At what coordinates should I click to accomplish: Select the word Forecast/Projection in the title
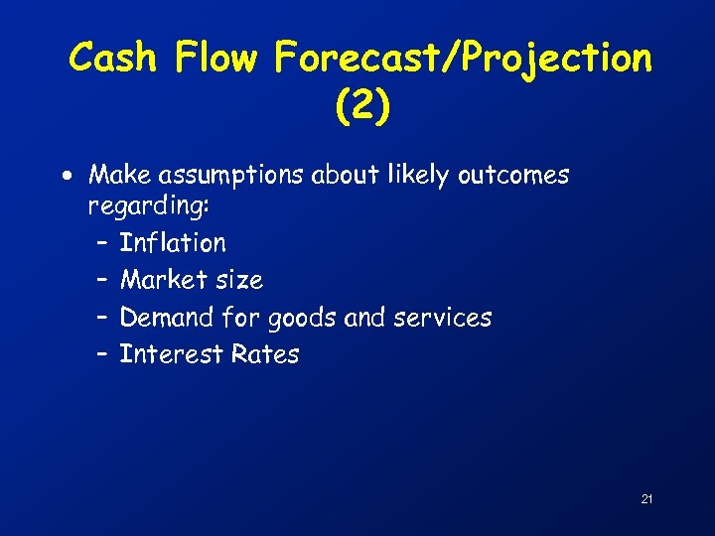click(464, 60)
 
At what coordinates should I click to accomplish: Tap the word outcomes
click(513, 176)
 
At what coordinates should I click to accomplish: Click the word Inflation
click(173, 242)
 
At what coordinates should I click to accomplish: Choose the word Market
click(162, 280)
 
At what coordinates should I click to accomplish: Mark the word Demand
click(166, 318)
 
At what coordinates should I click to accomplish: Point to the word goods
click(296, 319)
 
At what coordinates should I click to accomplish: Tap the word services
click(443, 318)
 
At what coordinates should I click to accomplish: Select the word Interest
click(167, 354)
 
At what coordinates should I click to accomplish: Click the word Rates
click(264, 354)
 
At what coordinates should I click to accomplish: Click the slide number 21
click(646, 498)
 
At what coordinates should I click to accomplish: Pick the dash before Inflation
click(103, 243)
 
